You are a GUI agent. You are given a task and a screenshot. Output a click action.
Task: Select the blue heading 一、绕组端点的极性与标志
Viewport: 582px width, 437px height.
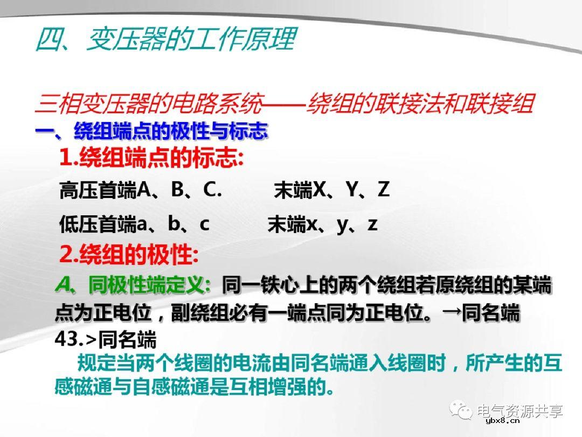pos(151,131)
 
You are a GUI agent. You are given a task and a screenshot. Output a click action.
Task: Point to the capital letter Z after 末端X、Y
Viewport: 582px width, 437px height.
pos(383,189)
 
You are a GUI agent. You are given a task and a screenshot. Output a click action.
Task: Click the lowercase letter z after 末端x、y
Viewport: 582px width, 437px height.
pos(372,224)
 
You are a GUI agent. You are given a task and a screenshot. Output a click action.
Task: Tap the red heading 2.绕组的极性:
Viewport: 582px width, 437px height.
pos(129,255)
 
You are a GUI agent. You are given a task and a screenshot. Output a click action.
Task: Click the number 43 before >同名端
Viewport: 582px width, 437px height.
pos(66,339)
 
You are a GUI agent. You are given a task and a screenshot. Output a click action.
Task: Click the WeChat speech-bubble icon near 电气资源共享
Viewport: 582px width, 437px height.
pos(462,411)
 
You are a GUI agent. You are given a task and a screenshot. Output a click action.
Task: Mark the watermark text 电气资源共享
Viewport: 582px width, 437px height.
pos(521,411)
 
